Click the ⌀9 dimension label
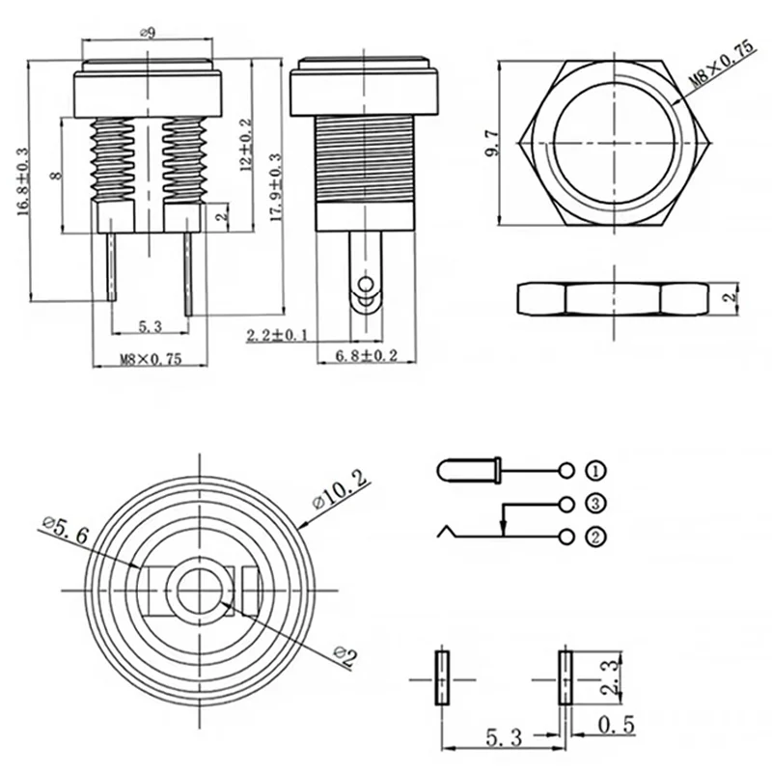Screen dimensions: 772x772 pos(150,33)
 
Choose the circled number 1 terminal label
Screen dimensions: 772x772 pos(596,471)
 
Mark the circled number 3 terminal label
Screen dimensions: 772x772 pos(596,503)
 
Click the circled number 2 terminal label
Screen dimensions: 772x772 pos(596,536)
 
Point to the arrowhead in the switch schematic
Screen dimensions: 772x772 pos(503,525)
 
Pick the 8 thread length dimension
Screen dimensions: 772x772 pos(56,175)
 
